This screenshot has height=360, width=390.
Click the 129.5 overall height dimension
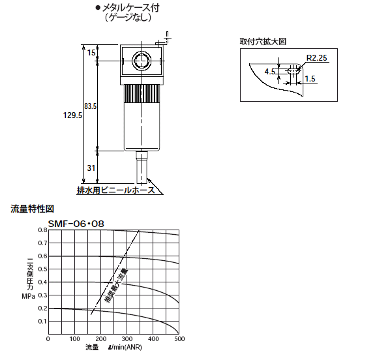[x=72, y=115]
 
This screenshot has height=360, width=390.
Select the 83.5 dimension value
[x=90, y=106]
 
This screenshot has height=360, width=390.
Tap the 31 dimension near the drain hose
[x=91, y=168]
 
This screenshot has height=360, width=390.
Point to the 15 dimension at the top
[x=91, y=52]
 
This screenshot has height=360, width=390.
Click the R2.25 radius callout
[x=316, y=58]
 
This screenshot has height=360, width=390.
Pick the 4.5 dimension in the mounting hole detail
[x=270, y=72]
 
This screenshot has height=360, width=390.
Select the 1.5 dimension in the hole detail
[x=310, y=79]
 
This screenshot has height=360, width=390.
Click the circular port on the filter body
[x=142, y=61]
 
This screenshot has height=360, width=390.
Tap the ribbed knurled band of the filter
[x=142, y=93]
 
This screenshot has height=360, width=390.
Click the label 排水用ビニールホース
[x=116, y=190]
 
